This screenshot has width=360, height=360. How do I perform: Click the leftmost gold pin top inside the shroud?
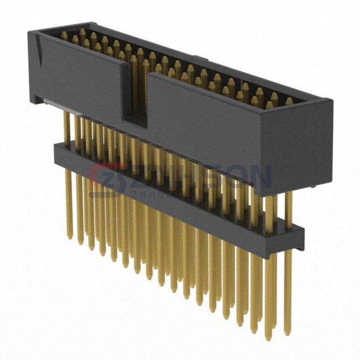pos(64,35)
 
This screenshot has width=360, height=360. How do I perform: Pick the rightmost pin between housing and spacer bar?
pos(289,207)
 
